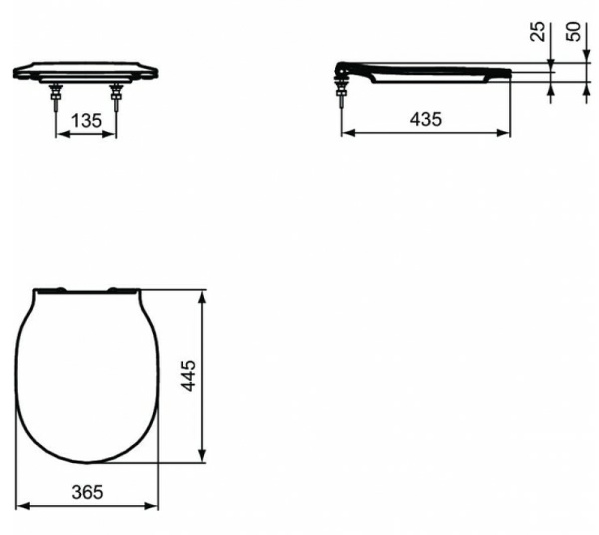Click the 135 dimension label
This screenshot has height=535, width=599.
click(87, 120)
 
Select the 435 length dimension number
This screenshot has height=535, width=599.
click(426, 120)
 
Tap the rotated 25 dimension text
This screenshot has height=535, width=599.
click(539, 31)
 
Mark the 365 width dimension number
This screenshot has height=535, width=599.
click(87, 492)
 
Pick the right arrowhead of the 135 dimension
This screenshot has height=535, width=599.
click(115, 134)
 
